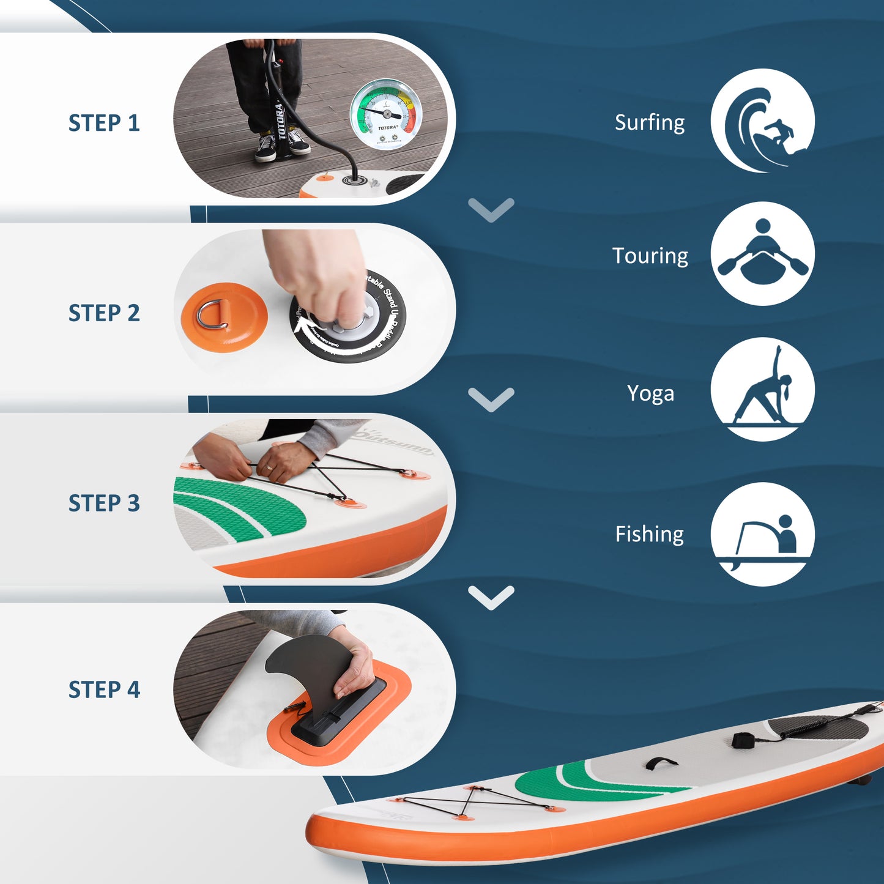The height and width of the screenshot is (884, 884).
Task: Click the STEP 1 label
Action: click(104, 123)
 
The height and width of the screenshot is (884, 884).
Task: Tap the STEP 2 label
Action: click(104, 313)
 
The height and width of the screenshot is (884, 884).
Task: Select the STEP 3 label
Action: click(104, 503)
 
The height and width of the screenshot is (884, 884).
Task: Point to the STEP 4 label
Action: click(104, 689)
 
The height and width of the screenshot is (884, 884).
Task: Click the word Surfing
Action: click(650, 123)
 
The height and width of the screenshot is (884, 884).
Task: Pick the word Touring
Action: click(650, 256)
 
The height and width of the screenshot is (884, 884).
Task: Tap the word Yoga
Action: click(650, 393)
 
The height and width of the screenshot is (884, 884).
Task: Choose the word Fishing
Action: click(650, 534)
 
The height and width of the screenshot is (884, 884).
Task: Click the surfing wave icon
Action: click(762, 121)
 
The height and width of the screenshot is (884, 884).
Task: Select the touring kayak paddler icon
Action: click(762, 254)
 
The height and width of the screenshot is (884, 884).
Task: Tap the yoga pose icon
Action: click(762, 389)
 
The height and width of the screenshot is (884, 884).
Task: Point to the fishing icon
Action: click(762, 534)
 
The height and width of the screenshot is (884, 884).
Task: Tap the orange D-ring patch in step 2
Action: click(224, 318)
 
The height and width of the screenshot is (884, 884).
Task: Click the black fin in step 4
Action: click(309, 664)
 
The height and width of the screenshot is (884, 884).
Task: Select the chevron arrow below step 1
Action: click(491, 210)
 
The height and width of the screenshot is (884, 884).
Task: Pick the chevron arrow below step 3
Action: click(491, 597)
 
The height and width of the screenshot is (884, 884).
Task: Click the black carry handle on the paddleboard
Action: click(661, 763)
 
